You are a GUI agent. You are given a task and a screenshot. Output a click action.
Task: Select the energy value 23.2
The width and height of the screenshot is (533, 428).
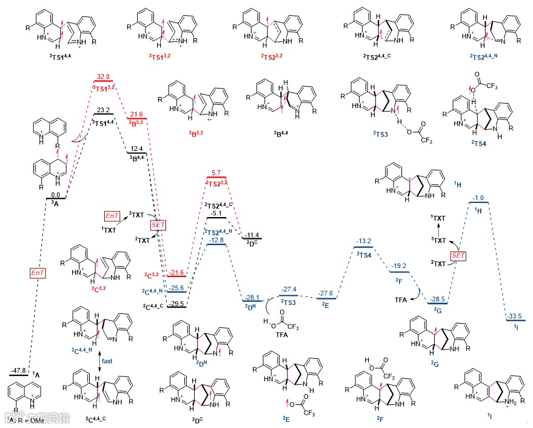pyautogui.click(x=104, y=110)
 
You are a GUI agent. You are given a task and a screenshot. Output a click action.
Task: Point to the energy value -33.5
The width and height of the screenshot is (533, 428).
pyautogui.click(x=516, y=316)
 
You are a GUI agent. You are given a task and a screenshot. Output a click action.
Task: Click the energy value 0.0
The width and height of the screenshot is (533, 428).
pyautogui.click(x=55, y=193)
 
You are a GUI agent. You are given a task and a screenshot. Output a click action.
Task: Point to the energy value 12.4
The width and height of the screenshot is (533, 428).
pyautogui.click(x=136, y=148)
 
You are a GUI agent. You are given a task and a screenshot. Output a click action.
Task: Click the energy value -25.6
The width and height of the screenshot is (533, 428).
pyautogui.click(x=177, y=287)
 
